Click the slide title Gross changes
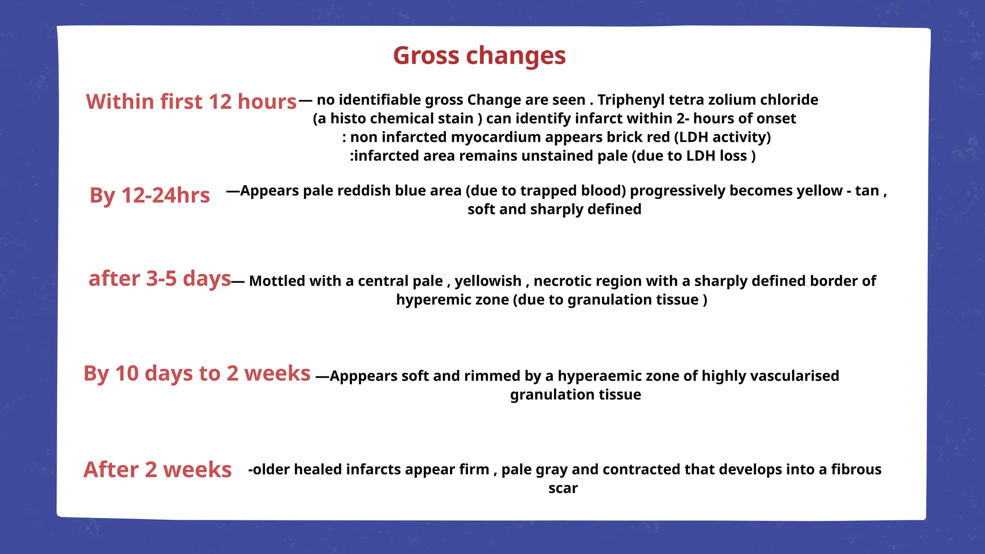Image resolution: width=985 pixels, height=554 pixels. tap(479, 55)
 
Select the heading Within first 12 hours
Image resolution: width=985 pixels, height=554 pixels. tap(191, 101)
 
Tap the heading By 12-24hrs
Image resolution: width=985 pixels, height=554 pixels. tap(150, 195)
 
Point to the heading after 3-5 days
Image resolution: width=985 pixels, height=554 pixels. tap(160, 278)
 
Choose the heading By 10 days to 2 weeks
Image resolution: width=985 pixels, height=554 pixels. tap(197, 373)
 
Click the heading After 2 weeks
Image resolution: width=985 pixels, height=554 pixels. tap(157, 469)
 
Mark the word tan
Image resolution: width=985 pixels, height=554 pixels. tap(867, 191)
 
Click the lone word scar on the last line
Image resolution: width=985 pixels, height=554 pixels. tap(563, 489)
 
